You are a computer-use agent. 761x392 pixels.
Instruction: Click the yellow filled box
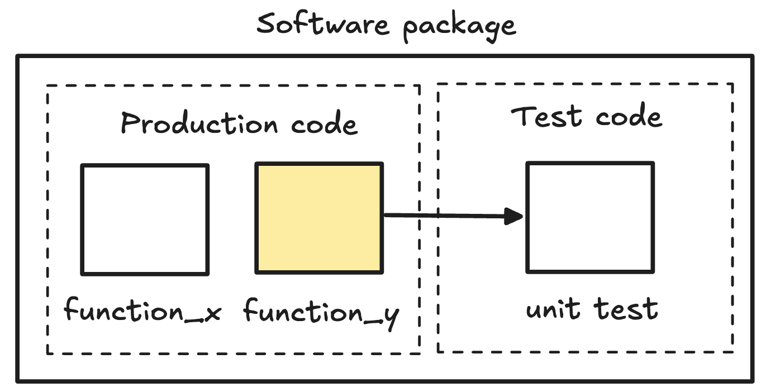319,218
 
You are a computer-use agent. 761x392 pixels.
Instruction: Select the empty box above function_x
145,219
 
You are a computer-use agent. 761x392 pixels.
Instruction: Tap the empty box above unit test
590,217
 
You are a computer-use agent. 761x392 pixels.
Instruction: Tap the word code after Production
324,123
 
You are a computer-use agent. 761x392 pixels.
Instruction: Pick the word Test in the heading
546,117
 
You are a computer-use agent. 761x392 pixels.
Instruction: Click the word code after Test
629,117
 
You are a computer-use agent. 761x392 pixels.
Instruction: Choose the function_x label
143,310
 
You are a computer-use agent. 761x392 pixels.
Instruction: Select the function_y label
322,312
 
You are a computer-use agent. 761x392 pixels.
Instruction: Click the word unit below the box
551,309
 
